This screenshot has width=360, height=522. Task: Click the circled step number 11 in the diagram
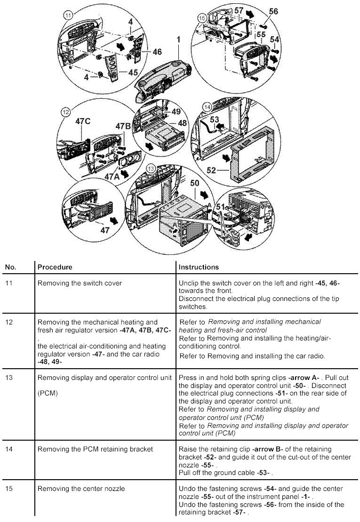pos(68,16)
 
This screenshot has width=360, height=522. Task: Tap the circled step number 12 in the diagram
pos(65,112)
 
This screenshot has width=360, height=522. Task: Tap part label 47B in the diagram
pos(124,126)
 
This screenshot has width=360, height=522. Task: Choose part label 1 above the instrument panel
pos(179,40)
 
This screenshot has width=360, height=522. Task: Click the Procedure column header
pos(55,267)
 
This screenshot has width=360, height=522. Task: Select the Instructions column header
pos(199,267)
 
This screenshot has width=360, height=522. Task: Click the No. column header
pos(10,267)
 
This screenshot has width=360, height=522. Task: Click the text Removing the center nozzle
pos(81,489)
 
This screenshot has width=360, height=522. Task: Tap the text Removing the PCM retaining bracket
pos(95,449)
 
